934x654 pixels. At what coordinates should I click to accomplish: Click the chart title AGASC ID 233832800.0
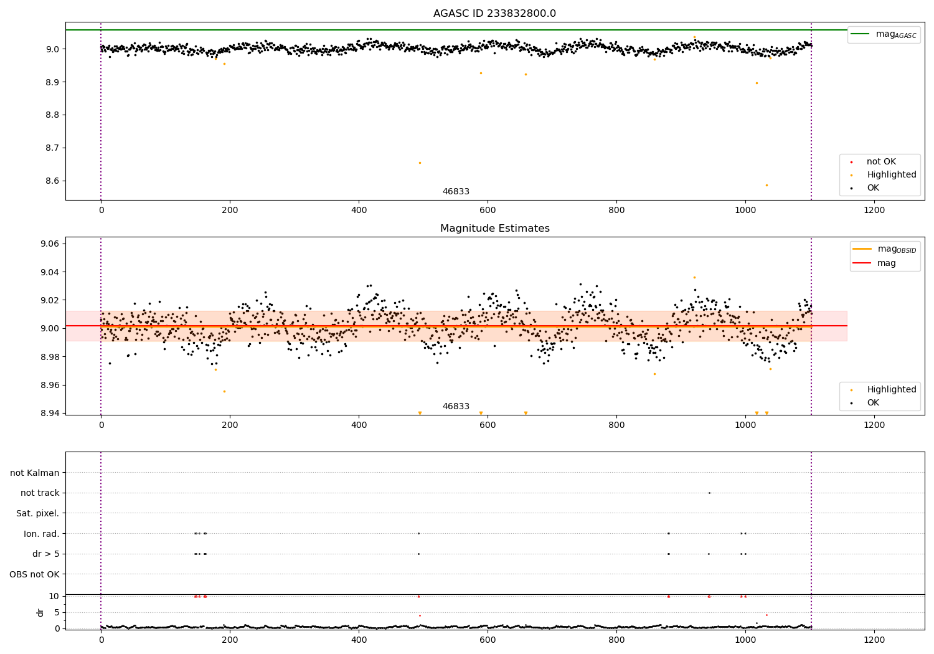[494, 14]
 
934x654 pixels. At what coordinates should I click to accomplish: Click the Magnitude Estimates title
[494, 229]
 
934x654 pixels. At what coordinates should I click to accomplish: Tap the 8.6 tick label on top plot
[52, 181]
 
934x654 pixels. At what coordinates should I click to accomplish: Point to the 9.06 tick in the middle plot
[49, 244]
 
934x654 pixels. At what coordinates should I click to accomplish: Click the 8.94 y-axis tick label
[49, 413]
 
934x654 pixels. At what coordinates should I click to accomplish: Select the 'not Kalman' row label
[34, 473]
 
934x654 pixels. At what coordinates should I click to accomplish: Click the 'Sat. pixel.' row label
[37, 513]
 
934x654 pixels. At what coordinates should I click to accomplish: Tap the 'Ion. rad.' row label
[41, 534]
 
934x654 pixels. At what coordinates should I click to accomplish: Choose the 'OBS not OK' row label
[34, 574]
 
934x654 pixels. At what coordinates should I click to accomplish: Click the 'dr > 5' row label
[45, 554]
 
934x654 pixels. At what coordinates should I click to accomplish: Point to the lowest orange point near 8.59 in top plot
[767, 185]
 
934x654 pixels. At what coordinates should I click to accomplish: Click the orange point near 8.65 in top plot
[420, 163]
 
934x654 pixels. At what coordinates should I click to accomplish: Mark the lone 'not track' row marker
[709, 493]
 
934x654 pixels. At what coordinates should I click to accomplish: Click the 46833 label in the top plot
[456, 192]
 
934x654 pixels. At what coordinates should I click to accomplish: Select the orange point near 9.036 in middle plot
[694, 277]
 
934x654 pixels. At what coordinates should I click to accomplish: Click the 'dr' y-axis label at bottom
[40, 612]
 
